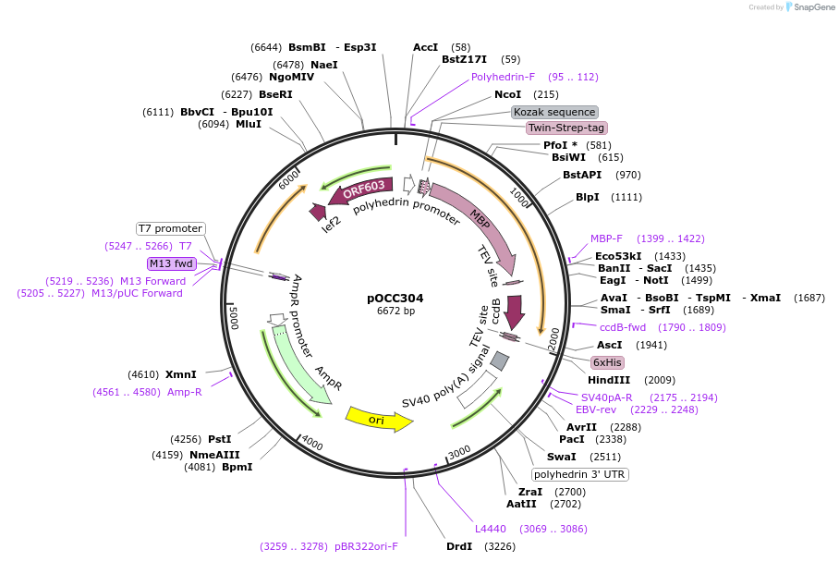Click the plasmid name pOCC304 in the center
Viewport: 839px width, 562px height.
[x=395, y=298]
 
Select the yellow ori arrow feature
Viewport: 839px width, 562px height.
[x=377, y=419]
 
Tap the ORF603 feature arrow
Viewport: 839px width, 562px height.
[x=362, y=190]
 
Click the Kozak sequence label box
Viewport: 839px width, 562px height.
[x=555, y=112]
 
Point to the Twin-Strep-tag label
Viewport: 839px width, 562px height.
[x=566, y=128]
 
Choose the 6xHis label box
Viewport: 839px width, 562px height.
[x=607, y=362]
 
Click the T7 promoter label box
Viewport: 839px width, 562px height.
[x=170, y=228]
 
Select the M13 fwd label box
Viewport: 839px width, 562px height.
[x=172, y=263]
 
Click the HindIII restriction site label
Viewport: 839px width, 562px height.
[x=609, y=380]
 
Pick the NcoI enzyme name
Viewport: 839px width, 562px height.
[x=507, y=94]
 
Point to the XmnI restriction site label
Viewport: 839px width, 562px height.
[x=181, y=374]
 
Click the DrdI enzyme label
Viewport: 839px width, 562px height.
[x=459, y=546]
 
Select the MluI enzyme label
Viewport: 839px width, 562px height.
[x=249, y=124]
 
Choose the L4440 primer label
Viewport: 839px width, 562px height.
[x=491, y=529]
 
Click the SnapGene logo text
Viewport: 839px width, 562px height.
[x=809, y=7]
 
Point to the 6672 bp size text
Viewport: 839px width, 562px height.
[x=395, y=312]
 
